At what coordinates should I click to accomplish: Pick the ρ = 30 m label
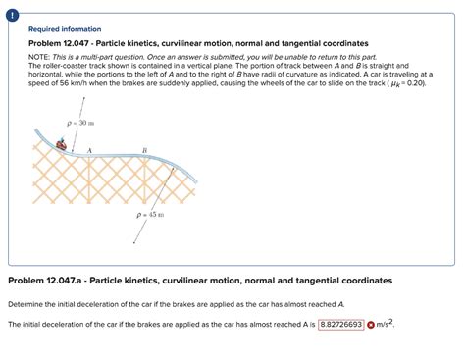tap(79, 123)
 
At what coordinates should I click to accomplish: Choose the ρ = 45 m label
tap(150, 214)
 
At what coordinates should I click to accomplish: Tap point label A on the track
tap(89, 150)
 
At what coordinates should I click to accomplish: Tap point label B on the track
tap(144, 150)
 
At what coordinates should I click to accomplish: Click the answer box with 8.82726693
tap(339, 324)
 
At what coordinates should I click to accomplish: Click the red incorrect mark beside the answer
tap(371, 324)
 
